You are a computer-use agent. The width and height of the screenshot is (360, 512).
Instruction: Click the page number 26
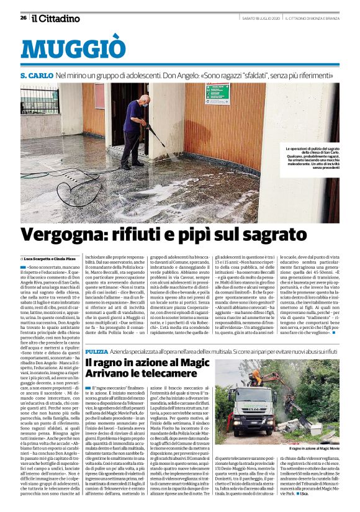click(x=23, y=17)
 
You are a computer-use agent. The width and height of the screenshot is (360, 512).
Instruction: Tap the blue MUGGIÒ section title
click(x=73, y=48)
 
